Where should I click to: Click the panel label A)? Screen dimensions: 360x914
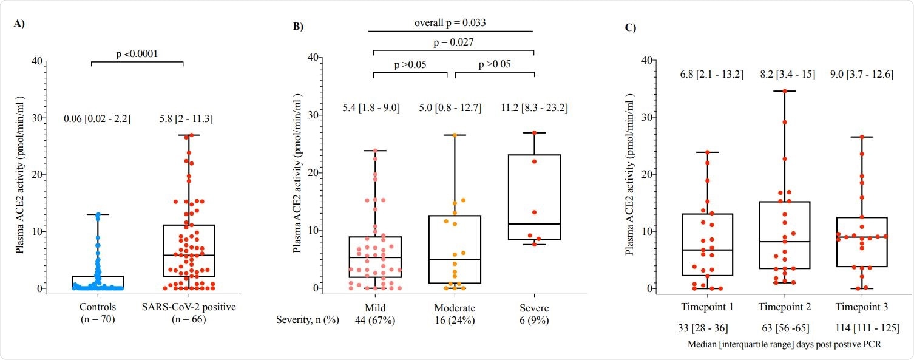[19, 25]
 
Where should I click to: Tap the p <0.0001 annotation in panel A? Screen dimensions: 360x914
[137, 53]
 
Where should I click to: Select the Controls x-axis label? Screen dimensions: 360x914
[97, 307]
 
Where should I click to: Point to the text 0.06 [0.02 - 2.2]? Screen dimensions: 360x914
[97, 119]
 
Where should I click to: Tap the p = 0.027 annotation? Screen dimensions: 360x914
[453, 42]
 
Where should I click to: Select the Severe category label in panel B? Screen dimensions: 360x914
[533, 308]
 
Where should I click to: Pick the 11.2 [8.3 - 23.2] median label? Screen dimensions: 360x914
[533, 108]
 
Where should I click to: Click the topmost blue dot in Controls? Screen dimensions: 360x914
[97, 214]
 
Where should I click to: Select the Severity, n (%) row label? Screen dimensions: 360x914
[309, 320]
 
